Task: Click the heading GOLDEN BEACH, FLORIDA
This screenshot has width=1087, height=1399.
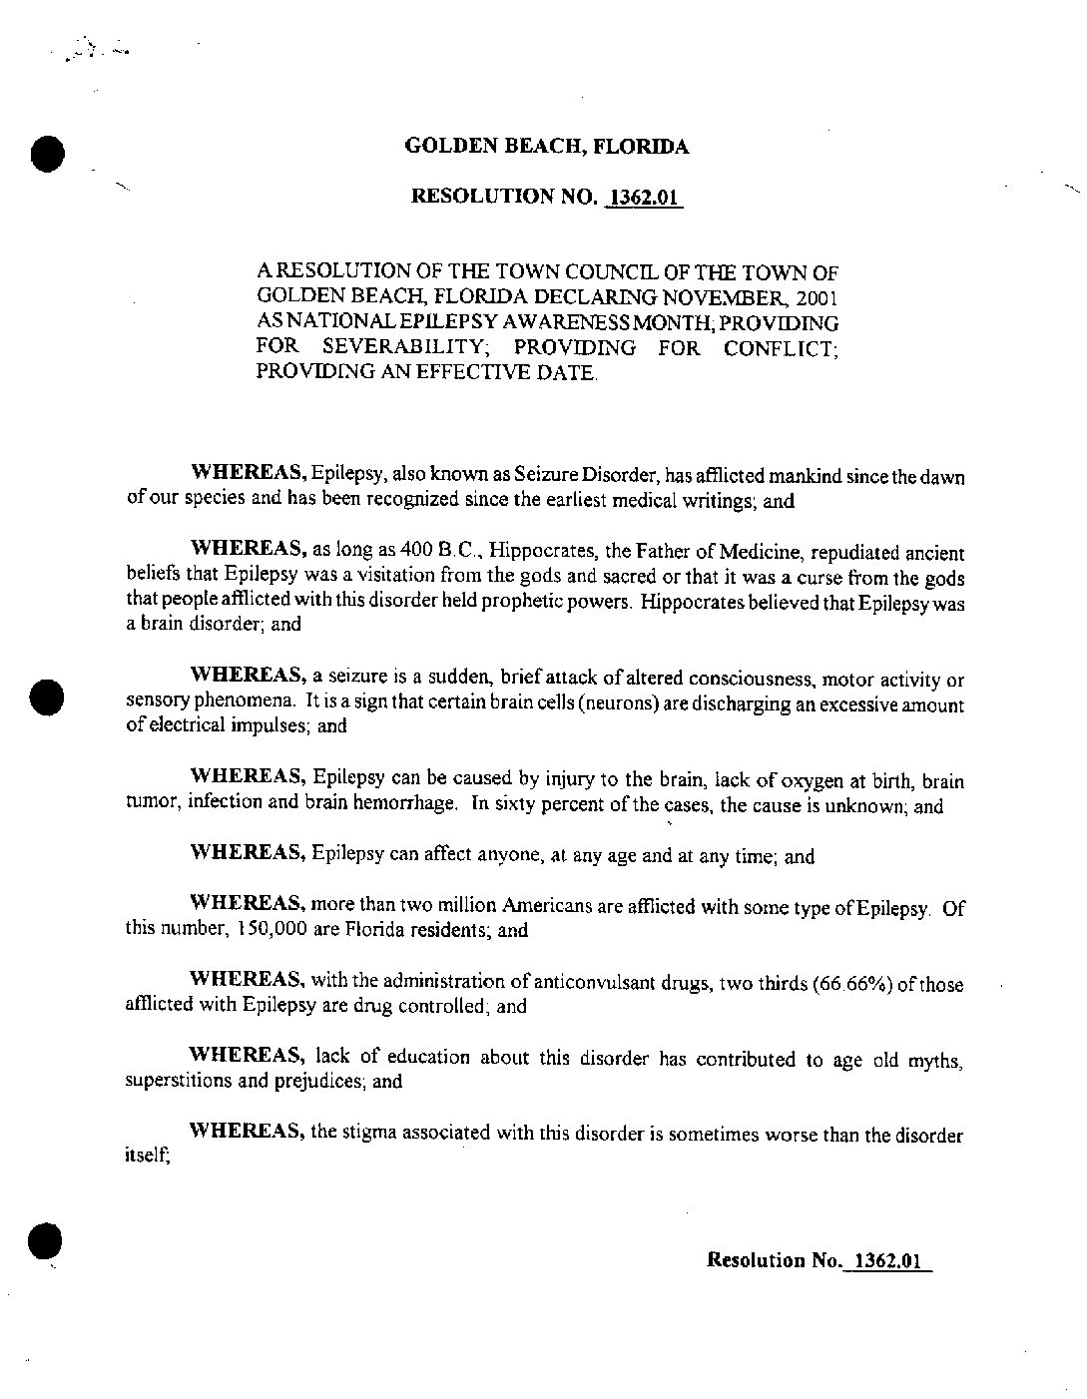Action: pyautogui.click(x=546, y=148)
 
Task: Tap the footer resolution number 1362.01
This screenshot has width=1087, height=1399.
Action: pyautogui.click(x=885, y=1260)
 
